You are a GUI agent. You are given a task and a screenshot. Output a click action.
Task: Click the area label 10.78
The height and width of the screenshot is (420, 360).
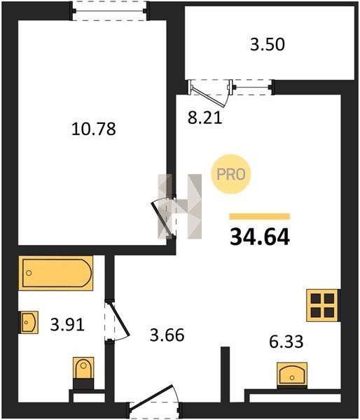pyautogui.click(x=94, y=129)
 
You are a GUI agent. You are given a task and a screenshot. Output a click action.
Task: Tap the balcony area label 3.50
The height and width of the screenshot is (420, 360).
pyautogui.click(x=268, y=45)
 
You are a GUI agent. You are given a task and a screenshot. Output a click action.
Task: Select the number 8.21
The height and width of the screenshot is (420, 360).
pyautogui.click(x=205, y=118)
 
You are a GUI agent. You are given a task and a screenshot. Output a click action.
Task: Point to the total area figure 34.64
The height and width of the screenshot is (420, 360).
pyautogui.click(x=260, y=237)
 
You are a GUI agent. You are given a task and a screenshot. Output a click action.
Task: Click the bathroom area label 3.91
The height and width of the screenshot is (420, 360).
pyautogui.click(x=67, y=325)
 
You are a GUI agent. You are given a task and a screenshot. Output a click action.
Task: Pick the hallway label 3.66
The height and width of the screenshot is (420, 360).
pyautogui.click(x=167, y=335)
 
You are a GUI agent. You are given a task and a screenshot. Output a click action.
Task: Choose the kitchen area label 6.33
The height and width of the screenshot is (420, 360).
pyautogui.click(x=286, y=342)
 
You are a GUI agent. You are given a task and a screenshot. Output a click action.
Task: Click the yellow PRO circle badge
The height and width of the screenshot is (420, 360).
pyautogui.click(x=231, y=174)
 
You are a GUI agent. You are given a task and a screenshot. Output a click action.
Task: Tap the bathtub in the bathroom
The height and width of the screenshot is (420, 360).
pyautogui.click(x=56, y=273)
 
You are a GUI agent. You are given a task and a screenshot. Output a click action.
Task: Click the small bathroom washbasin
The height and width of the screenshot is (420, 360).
pyautogui.click(x=29, y=322)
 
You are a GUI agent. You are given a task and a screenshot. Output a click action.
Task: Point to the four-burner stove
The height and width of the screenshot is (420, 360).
pyautogui.click(x=322, y=305)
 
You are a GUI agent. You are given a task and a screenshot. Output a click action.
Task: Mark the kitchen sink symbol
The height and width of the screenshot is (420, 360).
pyautogui.click(x=292, y=375)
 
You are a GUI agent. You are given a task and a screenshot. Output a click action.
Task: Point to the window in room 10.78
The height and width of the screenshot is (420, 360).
pyautogui.click(x=109, y=10)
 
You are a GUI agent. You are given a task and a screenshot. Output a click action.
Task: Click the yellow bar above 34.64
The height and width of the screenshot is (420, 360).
pyautogui.click(x=259, y=216)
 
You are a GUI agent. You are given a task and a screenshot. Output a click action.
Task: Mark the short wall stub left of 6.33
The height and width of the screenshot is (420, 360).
pyautogui.click(x=226, y=374)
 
